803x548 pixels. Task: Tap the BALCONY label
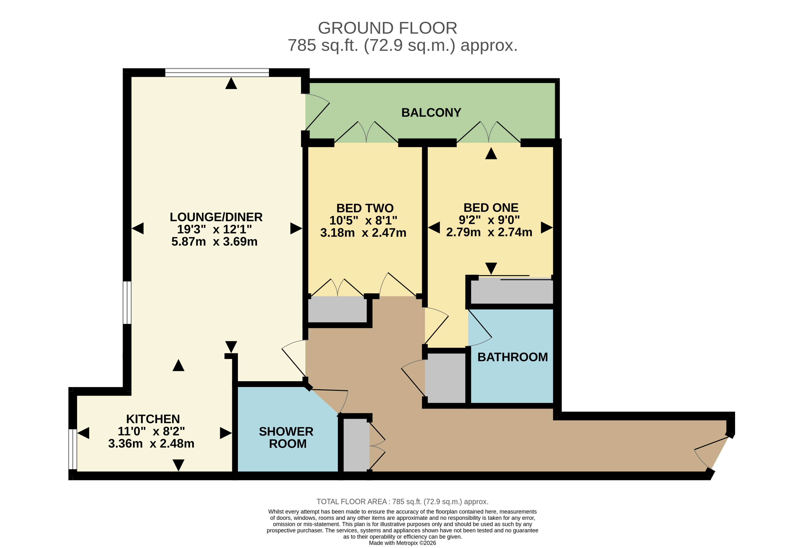[x=431, y=113]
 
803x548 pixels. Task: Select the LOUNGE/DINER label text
[x=216, y=217]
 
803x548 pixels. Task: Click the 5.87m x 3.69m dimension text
[x=214, y=241]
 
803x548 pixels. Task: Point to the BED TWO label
[x=365, y=208]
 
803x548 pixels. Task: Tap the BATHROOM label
[x=512, y=357]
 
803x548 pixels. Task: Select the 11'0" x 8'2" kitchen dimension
[x=151, y=431]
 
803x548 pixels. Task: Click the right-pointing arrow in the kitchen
[x=225, y=433]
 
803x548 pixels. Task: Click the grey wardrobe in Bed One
[x=511, y=292]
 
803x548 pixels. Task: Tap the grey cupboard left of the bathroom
[x=445, y=378]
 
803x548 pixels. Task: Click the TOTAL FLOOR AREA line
[x=402, y=501]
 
